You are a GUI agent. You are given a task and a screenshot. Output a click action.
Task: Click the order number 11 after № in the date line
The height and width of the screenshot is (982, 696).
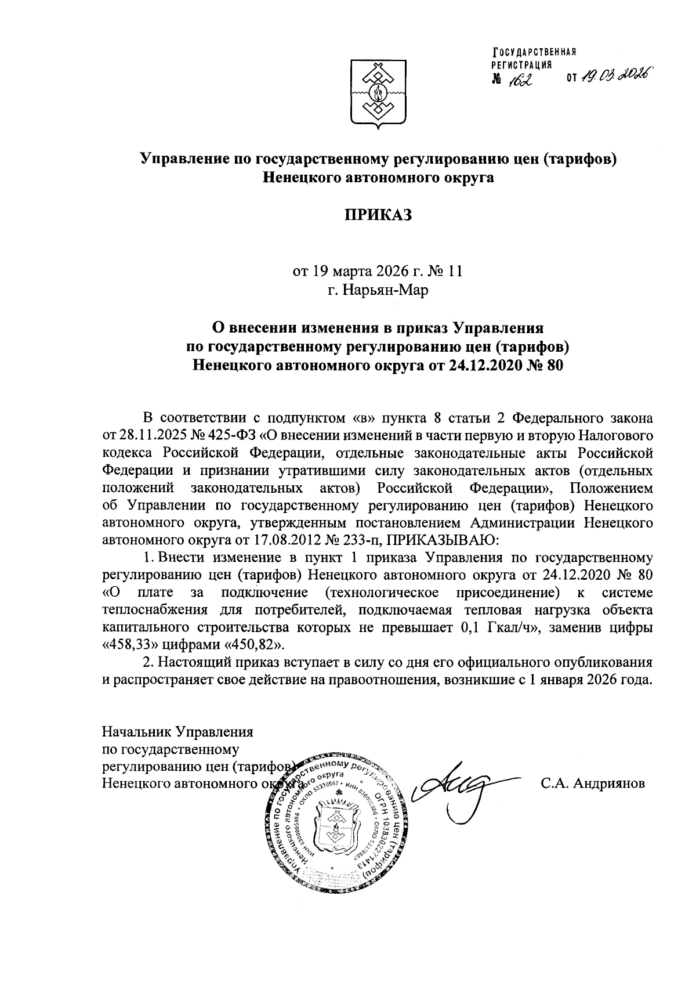[x=454, y=271]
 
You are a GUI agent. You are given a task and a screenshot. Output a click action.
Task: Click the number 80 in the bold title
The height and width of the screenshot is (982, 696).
[x=553, y=366]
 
